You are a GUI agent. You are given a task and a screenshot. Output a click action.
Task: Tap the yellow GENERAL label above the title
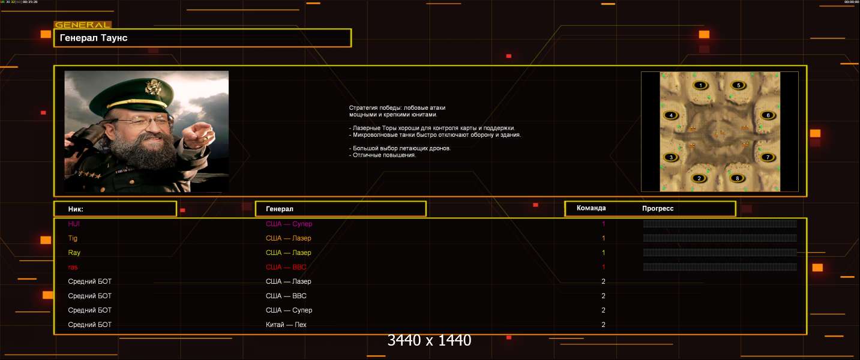click(x=82, y=25)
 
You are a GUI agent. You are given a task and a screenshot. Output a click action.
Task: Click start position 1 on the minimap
click(x=701, y=85)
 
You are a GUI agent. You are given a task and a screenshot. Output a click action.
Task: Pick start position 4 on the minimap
click(x=672, y=115)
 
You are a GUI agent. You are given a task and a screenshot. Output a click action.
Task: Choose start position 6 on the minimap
click(x=766, y=115)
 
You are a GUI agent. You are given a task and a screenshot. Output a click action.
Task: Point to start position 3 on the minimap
click(x=672, y=157)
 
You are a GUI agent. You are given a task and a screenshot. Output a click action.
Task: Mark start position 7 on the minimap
click(x=766, y=157)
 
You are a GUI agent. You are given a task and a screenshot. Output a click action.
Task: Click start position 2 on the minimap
click(x=699, y=178)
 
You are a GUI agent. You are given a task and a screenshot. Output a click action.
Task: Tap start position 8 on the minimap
click(x=737, y=178)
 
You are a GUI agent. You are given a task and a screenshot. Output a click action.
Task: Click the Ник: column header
click(x=76, y=209)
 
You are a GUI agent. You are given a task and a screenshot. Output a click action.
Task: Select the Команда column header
click(x=591, y=208)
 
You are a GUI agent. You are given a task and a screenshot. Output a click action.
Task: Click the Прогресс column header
click(x=658, y=208)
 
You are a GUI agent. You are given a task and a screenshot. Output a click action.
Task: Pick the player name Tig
click(x=73, y=238)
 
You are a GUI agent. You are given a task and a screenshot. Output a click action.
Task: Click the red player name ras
click(x=73, y=267)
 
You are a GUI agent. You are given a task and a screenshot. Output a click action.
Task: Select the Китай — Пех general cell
click(x=286, y=325)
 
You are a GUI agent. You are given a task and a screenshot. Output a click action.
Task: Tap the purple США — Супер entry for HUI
click(x=289, y=224)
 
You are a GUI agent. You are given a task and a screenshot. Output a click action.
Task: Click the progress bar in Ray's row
click(x=720, y=253)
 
